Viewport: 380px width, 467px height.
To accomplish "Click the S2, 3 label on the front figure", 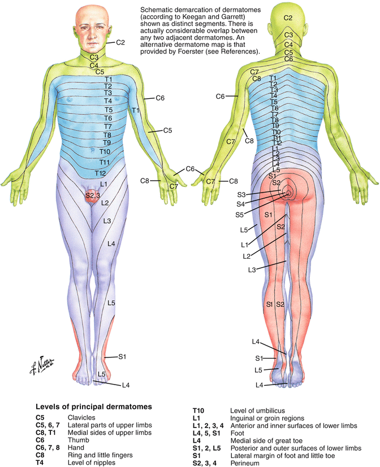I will coord(93,195).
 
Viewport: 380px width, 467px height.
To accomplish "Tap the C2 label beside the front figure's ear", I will coord(120,42).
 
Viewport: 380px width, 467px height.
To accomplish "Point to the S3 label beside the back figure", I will coord(241,195).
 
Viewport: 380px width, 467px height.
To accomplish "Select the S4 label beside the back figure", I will coord(241,204).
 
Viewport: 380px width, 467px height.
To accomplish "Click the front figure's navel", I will coord(94,151).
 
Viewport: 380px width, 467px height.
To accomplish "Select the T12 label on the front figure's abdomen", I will coord(100,173).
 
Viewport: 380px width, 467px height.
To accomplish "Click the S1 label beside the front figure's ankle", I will coord(122,356).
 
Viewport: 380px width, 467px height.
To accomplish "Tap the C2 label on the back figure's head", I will coord(288,19).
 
